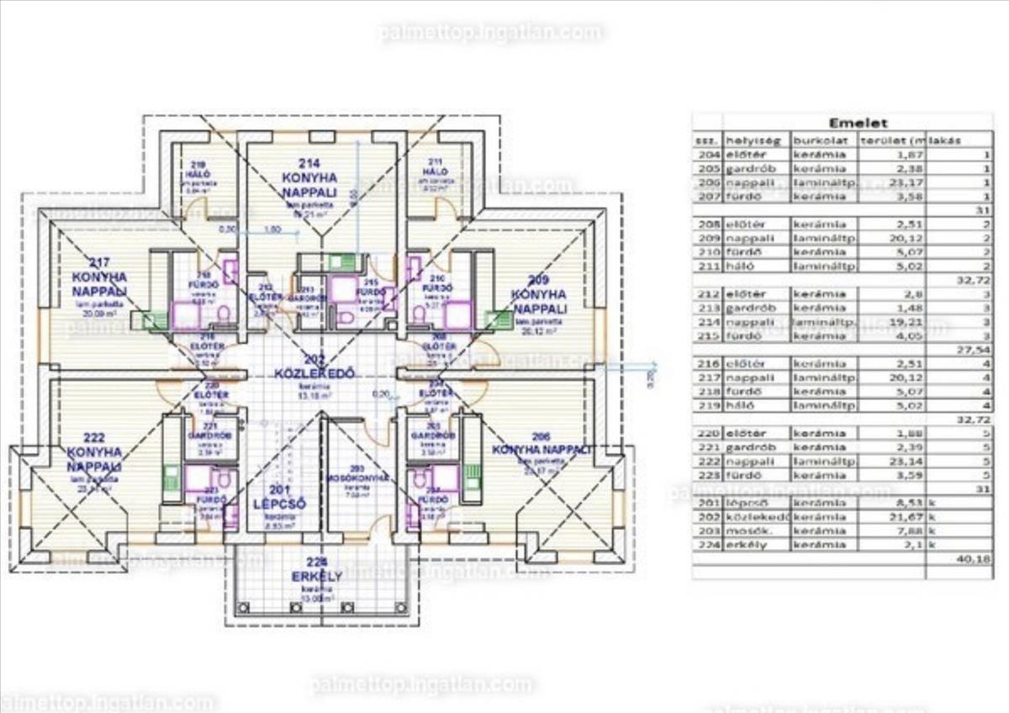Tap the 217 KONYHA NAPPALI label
(99, 277)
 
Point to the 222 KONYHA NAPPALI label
(94, 451)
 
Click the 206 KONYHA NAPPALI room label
(542, 450)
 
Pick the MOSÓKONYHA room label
(358, 478)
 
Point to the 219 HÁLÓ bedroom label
(198, 170)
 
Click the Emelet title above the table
(853, 124)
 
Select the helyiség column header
(752, 140)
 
